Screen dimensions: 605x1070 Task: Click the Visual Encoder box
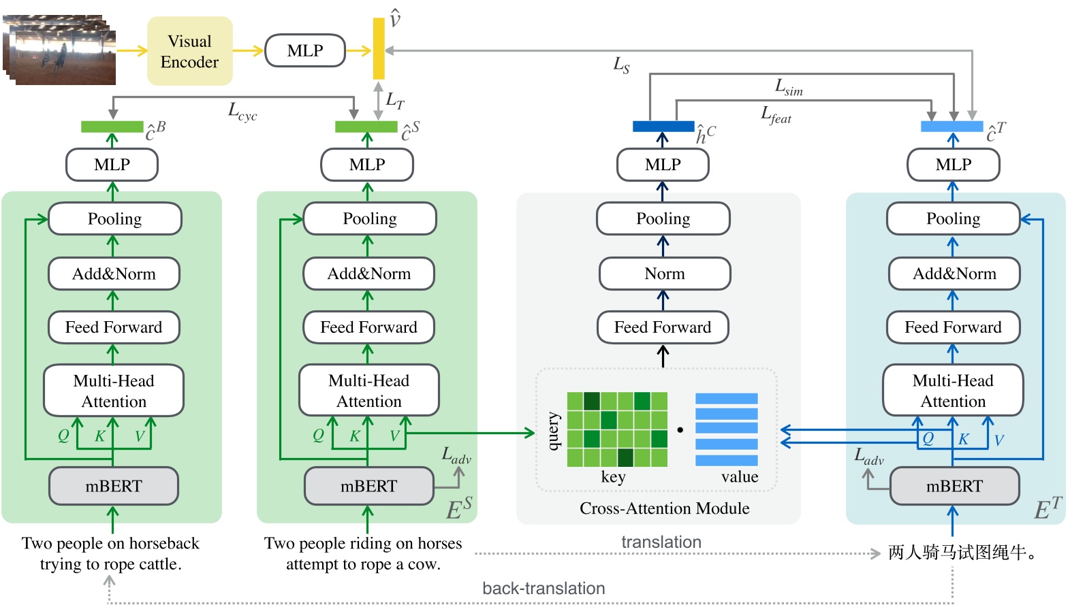189,51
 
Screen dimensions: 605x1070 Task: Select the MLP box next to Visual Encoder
304,51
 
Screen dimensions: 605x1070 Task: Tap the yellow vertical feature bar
379,48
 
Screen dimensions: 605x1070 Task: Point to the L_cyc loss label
242,111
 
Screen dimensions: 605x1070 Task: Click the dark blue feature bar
663,127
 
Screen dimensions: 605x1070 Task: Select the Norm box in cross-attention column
664,274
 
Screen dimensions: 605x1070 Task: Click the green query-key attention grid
617,429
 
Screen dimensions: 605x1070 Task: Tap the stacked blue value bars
726,429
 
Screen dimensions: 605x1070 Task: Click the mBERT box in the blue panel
954,486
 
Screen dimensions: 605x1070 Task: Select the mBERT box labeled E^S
368,486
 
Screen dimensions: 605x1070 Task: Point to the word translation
661,542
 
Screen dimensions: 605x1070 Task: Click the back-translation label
543,589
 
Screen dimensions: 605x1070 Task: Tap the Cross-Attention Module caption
664,508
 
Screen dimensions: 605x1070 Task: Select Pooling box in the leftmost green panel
114,218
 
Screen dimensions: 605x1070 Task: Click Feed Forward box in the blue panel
952,327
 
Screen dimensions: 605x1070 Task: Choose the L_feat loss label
776,115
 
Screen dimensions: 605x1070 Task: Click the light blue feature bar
951,127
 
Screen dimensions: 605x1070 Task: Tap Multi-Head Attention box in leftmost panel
114,391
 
